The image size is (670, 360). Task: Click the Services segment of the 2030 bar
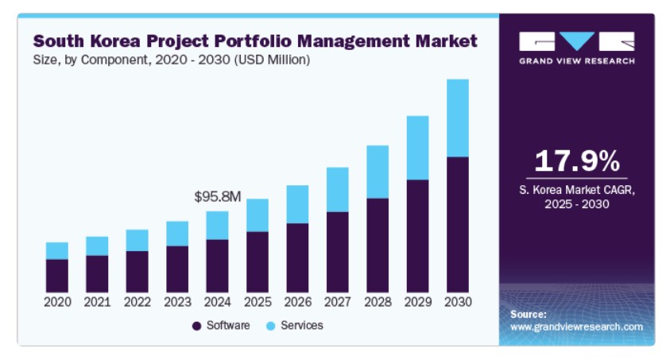click(x=458, y=118)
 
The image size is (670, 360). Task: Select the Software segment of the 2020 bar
click(x=56, y=275)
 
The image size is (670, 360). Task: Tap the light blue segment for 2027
click(x=337, y=189)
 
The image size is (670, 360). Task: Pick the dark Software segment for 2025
click(x=257, y=261)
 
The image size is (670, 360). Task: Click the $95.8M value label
click(x=218, y=195)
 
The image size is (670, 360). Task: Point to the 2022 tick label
click(x=137, y=302)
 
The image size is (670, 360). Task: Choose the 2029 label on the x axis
click(x=417, y=302)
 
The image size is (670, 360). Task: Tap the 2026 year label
click(x=297, y=302)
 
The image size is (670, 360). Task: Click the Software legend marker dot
click(x=196, y=326)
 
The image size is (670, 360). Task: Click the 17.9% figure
click(x=576, y=161)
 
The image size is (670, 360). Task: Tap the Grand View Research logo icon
click(x=576, y=41)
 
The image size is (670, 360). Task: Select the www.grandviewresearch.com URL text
click(x=576, y=327)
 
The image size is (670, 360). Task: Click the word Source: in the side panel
click(x=528, y=314)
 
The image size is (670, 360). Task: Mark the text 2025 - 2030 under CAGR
click(x=576, y=204)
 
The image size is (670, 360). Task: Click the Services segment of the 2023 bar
click(x=176, y=233)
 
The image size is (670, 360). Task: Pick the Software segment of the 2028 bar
click(x=378, y=245)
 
